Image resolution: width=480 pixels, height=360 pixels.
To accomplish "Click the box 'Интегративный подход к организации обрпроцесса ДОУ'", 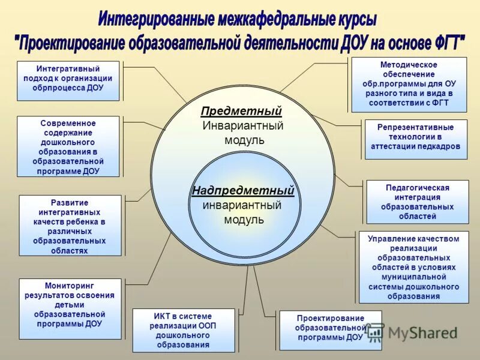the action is pos(68,80).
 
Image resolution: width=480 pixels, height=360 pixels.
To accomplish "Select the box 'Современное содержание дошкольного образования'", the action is pos(68,146).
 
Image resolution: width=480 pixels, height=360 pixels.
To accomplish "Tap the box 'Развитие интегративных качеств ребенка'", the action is pos(70,226).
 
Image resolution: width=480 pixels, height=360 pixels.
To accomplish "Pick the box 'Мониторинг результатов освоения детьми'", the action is pos(70,308).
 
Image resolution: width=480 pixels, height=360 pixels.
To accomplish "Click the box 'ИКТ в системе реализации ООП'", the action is pos(183,330).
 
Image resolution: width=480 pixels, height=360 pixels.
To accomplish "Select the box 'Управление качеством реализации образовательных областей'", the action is pos(413,267).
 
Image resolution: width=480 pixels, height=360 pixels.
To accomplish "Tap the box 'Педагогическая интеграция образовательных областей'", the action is pos(417,202).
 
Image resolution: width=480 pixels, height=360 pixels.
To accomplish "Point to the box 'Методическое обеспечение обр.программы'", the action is pos(409,85).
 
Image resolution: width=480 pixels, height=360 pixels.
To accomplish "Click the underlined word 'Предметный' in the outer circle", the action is pos(241,112).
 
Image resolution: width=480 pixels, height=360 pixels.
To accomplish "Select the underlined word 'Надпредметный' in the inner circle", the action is pos(243,191).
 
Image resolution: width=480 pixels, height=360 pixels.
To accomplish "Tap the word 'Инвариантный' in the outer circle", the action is pos(242,126).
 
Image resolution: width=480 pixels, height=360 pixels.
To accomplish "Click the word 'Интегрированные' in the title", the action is pos(157,20).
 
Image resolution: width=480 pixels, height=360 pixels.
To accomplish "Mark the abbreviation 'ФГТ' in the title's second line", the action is pos(443,43).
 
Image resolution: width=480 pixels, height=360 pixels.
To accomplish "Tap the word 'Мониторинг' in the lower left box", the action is pos(70,286).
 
